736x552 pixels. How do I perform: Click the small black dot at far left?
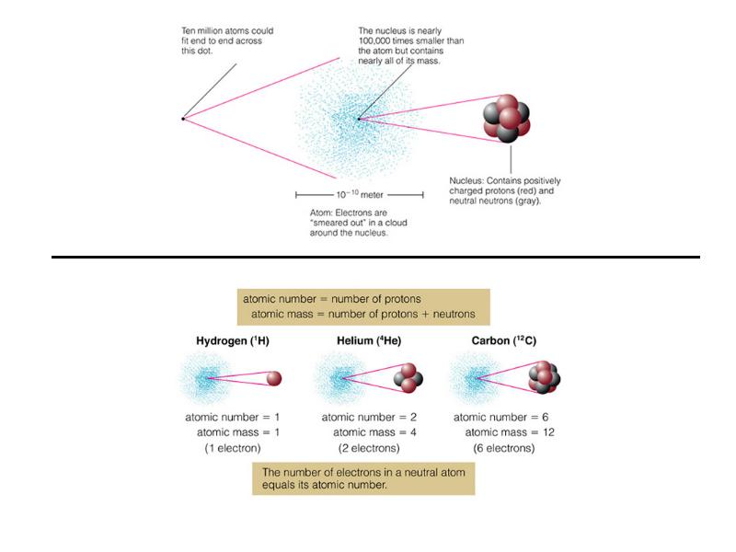pyautogui.click(x=183, y=119)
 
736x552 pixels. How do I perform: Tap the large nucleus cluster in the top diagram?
pyautogui.click(x=507, y=119)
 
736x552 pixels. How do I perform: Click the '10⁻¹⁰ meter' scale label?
pyautogui.click(x=360, y=194)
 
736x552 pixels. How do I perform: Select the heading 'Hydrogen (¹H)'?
pyautogui.click(x=233, y=340)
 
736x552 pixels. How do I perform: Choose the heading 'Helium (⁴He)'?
pyautogui.click(x=369, y=340)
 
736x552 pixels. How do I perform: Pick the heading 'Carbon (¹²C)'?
pyautogui.click(x=503, y=340)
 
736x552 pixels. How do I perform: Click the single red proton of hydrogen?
pyautogui.click(x=274, y=378)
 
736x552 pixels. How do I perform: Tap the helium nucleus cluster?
pyautogui.click(x=408, y=378)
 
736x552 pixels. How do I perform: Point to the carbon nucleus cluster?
pyautogui.click(x=545, y=377)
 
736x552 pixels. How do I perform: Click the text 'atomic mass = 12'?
pyautogui.click(x=510, y=432)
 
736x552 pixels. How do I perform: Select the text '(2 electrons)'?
pyautogui.click(x=369, y=448)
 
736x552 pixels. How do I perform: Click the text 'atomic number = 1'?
pyautogui.click(x=233, y=417)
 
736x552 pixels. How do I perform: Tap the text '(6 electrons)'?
pyautogui.click(x=504, y=448)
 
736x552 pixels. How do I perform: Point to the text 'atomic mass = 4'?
pyautogui.click(x=374, y=432)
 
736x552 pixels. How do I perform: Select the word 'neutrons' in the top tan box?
pyautogui.click(x=454, y=314)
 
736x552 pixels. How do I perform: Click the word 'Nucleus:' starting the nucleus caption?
pyautogui.click(x=466, y=180)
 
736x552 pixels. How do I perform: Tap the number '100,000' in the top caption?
pyautogui.click(x=374, y=40)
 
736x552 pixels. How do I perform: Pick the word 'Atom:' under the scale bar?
pyautogui.click(x=321, y=213)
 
